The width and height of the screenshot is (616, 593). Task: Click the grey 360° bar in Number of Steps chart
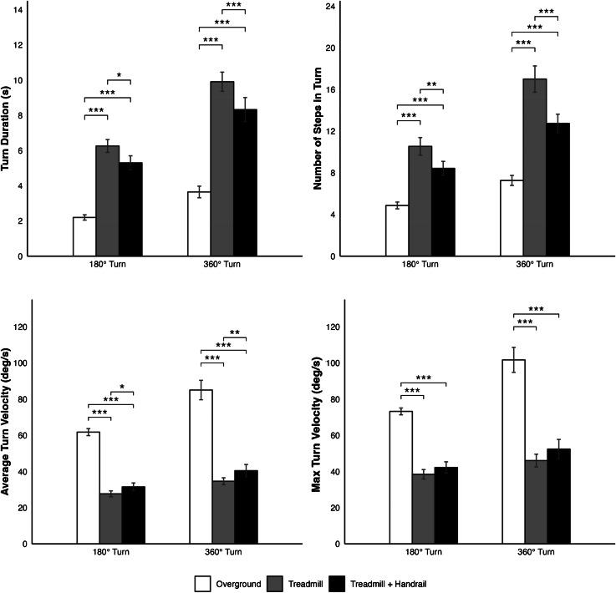(534, 167)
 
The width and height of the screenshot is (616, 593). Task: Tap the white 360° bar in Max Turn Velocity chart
(512, 451)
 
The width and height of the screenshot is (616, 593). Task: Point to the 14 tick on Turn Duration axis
(18, 6)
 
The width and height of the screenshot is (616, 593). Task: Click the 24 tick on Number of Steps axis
(330, 6)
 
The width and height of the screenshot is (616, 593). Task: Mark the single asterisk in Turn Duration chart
(119, 74)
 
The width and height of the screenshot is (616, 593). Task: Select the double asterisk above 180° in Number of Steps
(432, 84)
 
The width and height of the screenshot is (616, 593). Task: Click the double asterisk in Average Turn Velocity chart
(235, 332)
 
